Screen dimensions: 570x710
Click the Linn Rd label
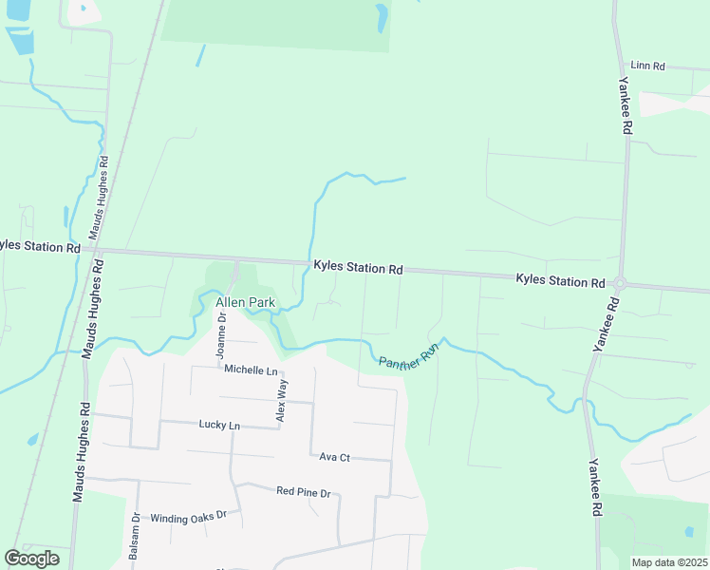coord(647,66)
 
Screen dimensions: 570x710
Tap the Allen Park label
coord(246,303)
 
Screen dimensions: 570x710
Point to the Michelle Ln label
coord(251,370)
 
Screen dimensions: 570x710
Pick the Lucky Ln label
coord(219,425)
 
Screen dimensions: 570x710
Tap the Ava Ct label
coord(335,457)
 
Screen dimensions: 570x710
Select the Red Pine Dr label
coord(303,492)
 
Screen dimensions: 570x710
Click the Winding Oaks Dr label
coord(189,515)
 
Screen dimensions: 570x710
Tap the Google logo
coord(31,559)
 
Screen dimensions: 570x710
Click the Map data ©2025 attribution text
coord(668,562)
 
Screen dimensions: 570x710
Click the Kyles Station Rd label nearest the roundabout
coord(560,282)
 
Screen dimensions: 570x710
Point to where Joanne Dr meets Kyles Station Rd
coord(235,259)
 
